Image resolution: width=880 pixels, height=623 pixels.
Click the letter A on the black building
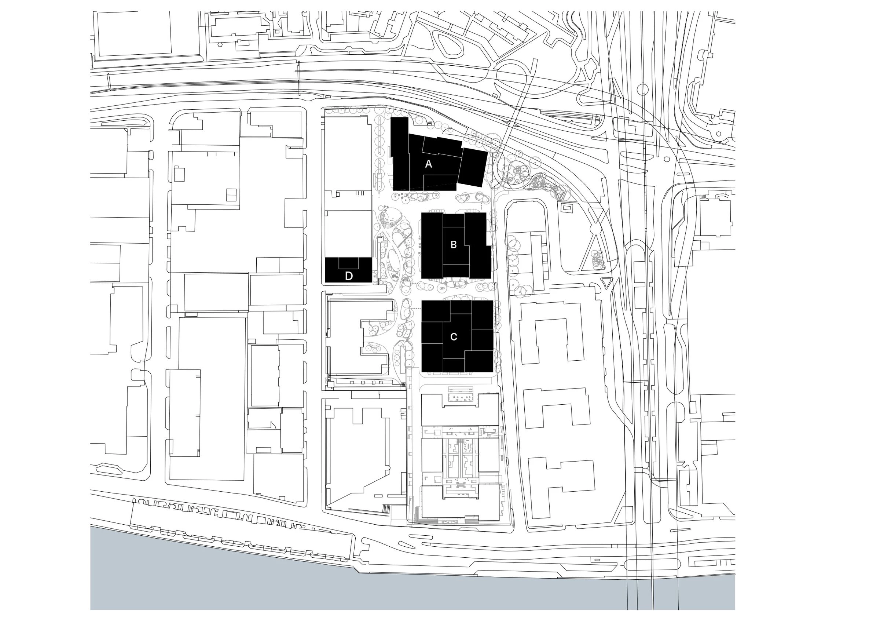429,164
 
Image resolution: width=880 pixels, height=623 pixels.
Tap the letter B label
454,244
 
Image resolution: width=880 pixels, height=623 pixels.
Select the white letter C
454,337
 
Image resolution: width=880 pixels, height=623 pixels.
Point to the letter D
349,276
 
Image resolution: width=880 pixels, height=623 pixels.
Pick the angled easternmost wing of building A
473,167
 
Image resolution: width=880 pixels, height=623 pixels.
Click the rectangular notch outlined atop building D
348,263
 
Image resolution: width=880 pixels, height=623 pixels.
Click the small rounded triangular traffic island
606,283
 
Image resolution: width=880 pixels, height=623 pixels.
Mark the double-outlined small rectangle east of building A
566,208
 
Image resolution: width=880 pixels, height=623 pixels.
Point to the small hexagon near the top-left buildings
221,43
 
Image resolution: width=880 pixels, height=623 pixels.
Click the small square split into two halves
231,194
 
